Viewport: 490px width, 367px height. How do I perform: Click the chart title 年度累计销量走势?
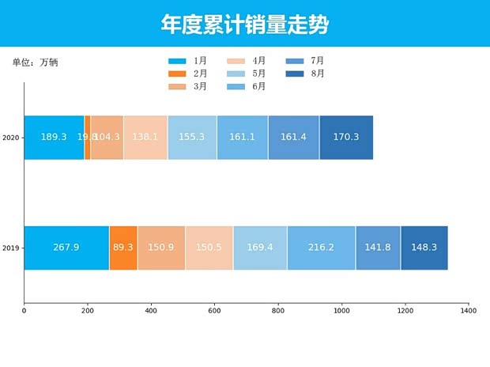[245, 25]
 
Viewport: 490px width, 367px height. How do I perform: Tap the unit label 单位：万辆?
[35, 62]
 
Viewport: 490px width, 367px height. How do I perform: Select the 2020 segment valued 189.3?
[54, 138]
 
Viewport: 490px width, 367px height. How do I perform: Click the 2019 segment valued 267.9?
[66, 248]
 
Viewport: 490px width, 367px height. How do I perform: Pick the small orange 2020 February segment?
[87, 138]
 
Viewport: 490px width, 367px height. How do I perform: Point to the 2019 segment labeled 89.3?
[123, 248]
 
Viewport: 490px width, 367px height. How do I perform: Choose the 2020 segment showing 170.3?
[346, 138]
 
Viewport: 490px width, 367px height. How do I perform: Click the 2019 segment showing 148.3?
[424, 248]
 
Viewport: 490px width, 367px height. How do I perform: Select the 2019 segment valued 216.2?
[321, 248]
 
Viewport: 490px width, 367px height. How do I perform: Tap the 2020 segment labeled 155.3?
[192, 138]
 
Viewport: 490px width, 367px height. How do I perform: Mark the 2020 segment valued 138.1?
[145, 138]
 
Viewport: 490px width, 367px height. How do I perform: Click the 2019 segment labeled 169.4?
[260, 248]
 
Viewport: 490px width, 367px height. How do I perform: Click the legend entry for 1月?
[188, 61]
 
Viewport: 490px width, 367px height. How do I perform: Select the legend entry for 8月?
[306, 74]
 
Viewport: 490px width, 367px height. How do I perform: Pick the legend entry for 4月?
[247, 61]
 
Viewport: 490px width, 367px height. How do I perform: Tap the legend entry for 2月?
[188, 74]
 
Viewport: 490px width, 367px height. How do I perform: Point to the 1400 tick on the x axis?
[469, 311]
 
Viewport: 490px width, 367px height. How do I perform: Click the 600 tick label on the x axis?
[214, 311]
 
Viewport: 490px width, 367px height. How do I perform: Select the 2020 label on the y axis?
[11, 138]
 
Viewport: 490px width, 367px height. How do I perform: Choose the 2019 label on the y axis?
[11, 248]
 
